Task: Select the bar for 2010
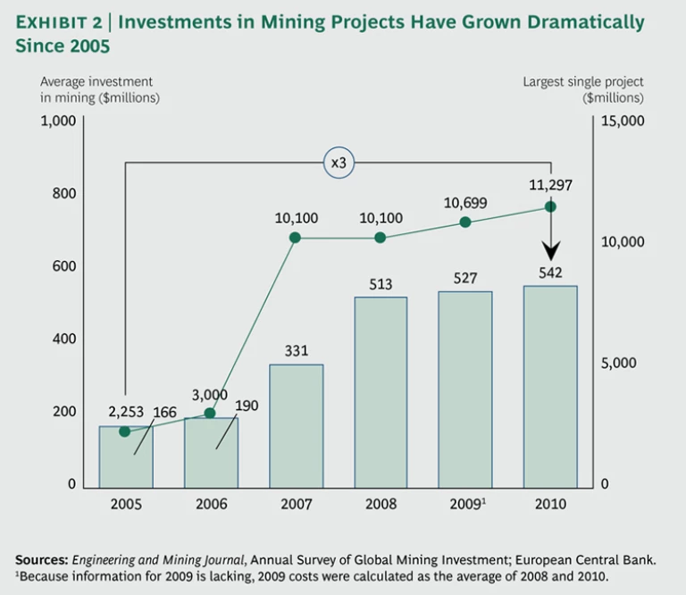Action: [x=550, y=387]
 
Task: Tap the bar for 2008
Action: [x=381, y=392]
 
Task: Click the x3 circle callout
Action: [x=338, y=163]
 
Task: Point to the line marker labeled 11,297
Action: [x=550, y=206]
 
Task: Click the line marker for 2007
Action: [x=296, y=238]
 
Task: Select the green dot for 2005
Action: [x=125, y=432]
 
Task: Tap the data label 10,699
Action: [x=465, y=204]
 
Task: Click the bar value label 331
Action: [x=296, y=352]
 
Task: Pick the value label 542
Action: [x=550, y=273]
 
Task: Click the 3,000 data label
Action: [x=210, y=395]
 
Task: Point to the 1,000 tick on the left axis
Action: [x=58, y=122]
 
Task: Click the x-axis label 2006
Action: [x=210, y=505]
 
